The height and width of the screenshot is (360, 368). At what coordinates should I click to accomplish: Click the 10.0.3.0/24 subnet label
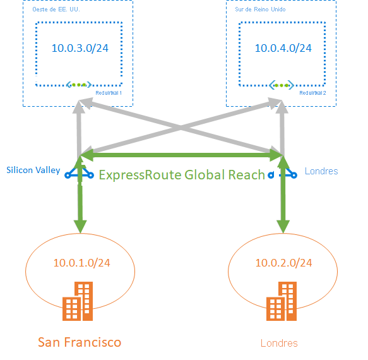80,48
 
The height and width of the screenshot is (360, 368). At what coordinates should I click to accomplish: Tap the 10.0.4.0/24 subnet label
283,48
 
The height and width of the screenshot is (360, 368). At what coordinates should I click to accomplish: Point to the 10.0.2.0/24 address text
283,263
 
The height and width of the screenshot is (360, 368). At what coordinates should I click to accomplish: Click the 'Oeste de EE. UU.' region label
56,9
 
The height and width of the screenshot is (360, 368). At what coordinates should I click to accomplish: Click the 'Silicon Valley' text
33,170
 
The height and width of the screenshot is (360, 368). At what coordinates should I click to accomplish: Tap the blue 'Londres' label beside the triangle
321,171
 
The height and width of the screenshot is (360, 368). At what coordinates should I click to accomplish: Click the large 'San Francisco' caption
80,342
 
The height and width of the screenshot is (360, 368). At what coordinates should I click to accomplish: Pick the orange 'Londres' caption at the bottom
279,343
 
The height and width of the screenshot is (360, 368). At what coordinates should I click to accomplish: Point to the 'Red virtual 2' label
312,93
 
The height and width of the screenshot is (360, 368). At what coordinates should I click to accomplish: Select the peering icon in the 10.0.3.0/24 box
79,85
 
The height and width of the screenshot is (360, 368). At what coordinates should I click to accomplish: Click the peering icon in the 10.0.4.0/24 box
282,85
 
